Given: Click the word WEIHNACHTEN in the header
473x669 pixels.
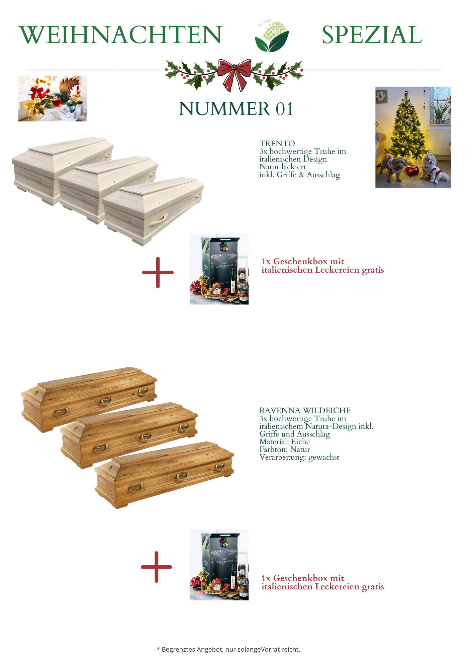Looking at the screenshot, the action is coord(120,35).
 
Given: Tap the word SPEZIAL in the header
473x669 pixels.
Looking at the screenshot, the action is coord(372,35).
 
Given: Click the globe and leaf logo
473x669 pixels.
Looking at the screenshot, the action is coord(272,36).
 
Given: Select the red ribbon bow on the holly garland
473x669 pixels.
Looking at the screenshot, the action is coord(234,75).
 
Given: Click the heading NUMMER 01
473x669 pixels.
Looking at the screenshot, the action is coord(236,109).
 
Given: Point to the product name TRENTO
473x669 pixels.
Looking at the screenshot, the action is coord(277,144).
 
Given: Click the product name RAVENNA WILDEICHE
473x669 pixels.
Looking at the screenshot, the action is coord(305,410).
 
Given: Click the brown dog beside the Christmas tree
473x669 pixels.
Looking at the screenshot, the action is coord(394,167).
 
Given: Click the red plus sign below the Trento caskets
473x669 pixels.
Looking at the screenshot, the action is coord(158,273).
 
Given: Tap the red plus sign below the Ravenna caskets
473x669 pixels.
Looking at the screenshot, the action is coord(157,567).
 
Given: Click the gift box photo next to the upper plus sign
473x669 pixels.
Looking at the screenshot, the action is coord(219,269).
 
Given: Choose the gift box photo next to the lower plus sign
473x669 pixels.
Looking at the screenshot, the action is coord(219,565).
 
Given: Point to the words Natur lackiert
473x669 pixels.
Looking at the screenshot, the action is coord(283,167).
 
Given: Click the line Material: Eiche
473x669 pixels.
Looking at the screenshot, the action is coord(285,442).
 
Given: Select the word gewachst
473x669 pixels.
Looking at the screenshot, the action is coord(324,457).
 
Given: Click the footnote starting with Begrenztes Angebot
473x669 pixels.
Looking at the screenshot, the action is coord(228,649).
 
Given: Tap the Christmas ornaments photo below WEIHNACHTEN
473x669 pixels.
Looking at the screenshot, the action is coord(53,98).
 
